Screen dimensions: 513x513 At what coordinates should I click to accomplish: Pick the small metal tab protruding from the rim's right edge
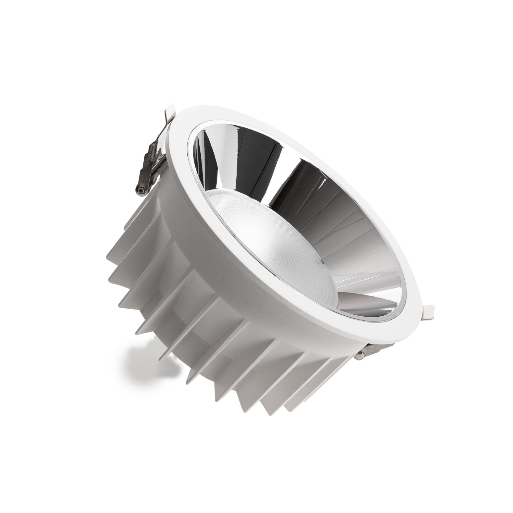click(x=429, y=311)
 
